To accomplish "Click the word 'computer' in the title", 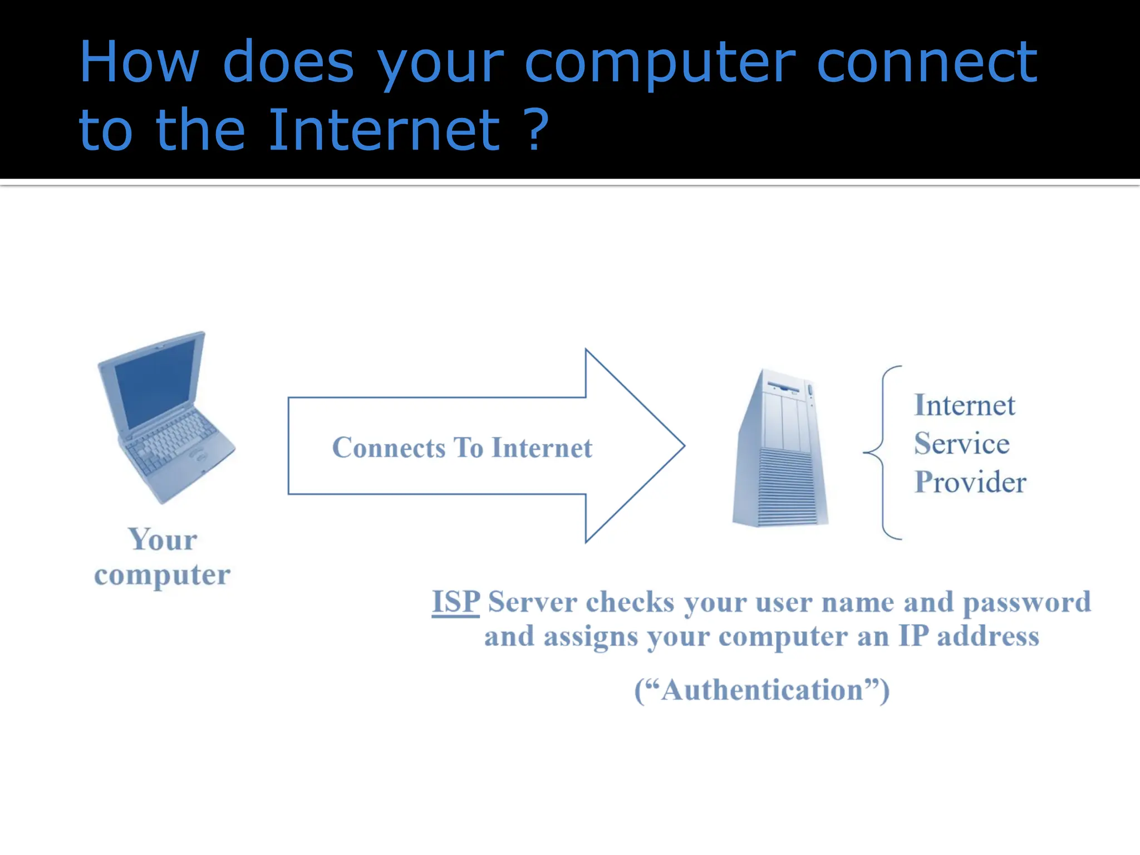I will point(660,64).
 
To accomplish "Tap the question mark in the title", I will point(538,129).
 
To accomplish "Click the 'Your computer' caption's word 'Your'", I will point(163,539).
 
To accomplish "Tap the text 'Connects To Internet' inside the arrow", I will point(462,448).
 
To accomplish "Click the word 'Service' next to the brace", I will point(961,444).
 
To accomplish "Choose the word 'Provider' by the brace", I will point(970,482).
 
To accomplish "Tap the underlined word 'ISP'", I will point(455,602).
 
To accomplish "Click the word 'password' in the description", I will point(1026,602).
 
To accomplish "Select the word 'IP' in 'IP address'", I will point(913,636).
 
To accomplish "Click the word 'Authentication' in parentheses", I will point(762,690).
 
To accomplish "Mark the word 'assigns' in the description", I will point(590,636).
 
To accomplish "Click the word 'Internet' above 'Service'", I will point(964,405).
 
